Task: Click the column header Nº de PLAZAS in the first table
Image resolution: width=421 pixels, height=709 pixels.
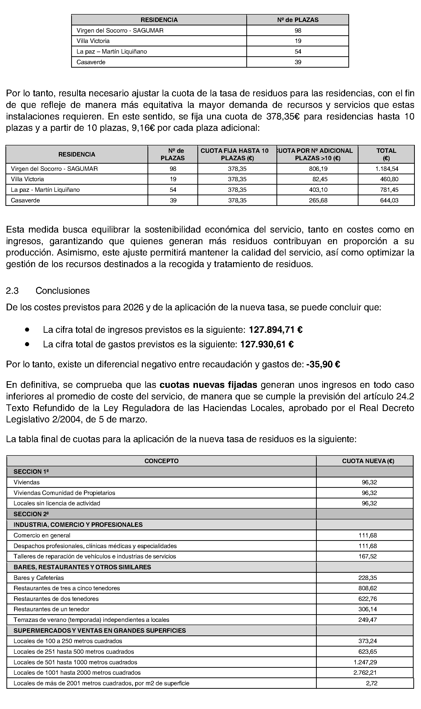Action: (298, 20)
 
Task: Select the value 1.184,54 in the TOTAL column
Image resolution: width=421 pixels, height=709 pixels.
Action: (387, 169)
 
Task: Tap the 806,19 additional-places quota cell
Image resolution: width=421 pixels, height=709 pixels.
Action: (318, 169)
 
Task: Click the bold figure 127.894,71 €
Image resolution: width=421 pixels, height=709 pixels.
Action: (275, 330)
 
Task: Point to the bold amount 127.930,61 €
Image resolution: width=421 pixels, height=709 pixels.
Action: (267, 344)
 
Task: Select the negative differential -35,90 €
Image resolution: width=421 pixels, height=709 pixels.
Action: (323, 364)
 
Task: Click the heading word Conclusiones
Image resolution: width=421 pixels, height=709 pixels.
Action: (63, 291)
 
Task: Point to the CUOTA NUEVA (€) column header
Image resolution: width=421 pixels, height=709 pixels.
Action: (368, 461)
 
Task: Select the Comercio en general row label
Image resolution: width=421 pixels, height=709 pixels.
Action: (42, 535)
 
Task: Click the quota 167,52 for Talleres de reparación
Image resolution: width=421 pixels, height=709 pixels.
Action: (367, 556)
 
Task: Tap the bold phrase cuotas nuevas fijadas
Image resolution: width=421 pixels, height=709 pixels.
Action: (208, 385)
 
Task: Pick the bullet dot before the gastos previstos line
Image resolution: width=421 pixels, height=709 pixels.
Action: (27, 344)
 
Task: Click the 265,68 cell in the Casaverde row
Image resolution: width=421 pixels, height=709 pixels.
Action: (318, 201)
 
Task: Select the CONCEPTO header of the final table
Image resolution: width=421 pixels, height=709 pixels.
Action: (161, 461)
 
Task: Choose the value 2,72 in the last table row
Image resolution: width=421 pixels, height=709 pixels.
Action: (371, 683)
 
